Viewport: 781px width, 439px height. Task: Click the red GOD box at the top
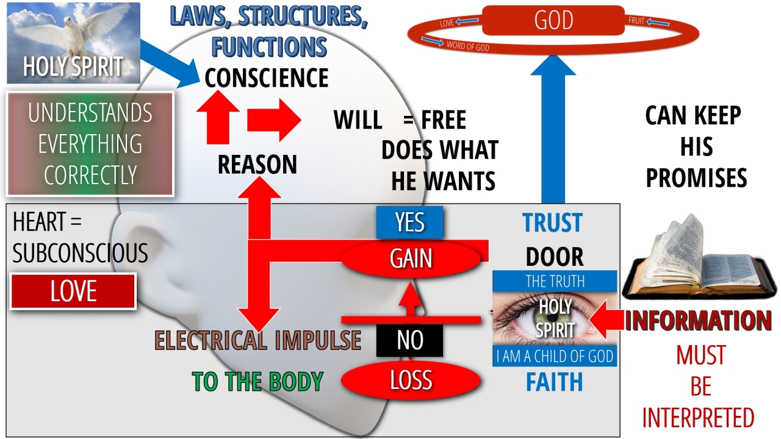click(553, 20)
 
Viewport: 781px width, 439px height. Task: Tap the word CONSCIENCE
click(267, 78)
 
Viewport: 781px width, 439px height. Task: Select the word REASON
click(257, 165)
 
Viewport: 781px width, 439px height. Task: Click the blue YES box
click(409, 223)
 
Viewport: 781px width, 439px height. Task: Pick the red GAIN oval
click(411, 259)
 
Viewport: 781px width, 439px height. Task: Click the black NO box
click(409, 340)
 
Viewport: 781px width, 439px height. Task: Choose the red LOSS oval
click(411, 380)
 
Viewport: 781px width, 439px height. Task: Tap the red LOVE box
click(73, 291)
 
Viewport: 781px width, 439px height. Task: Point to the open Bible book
click(696, 262)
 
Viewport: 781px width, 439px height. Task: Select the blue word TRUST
click(553, 224)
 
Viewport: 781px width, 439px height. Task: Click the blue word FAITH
click(554, 382)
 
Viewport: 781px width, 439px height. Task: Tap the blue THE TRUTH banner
click(555, 281)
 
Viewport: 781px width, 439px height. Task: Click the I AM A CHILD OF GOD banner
click(555, 357)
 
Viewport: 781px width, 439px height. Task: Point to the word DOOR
click(554, 257)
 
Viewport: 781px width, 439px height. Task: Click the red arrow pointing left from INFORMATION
click(607, 319)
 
